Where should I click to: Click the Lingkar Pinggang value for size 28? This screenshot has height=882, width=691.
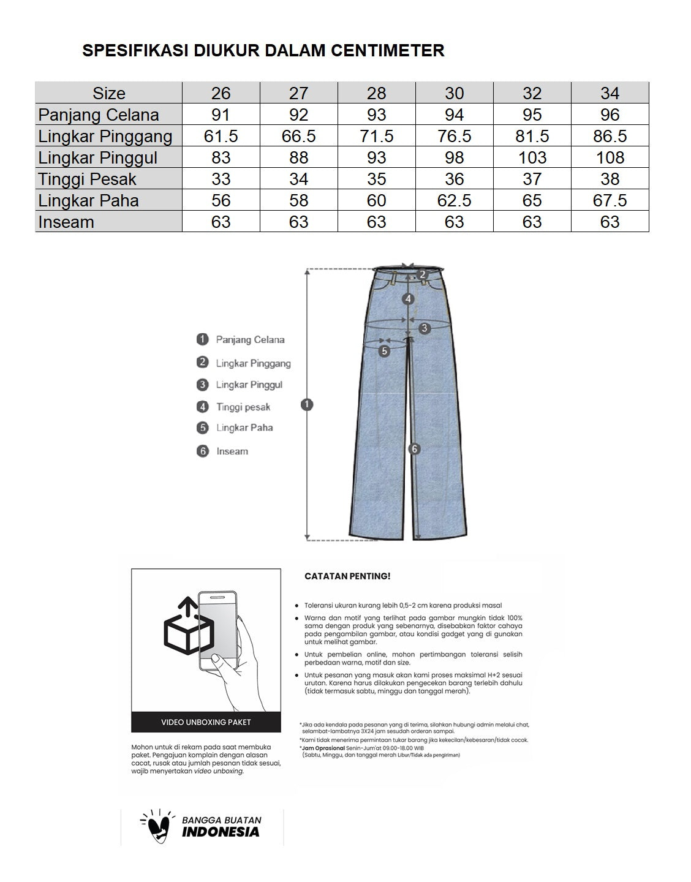click(x=376, y=136)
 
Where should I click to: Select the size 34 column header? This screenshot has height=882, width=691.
click(x=610, y=93)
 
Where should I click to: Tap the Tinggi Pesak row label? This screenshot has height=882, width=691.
click(x=87, y=179)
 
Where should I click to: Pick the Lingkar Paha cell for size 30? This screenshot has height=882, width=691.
click(x=454, y=200)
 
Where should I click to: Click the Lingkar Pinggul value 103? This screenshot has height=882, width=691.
click(x=532, y=157)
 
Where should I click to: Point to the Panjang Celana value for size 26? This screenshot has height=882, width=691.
click(x=221, y=115)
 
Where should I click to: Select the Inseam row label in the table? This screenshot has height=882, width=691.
click(x=66, y=222)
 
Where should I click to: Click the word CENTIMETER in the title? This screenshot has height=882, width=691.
click(x=387, y=50)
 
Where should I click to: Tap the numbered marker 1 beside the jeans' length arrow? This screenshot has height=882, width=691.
click(x=307, y=404)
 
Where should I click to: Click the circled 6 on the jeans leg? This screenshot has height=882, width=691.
click(x=415, y=449)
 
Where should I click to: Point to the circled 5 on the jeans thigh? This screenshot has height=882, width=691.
click(x=384, y=351)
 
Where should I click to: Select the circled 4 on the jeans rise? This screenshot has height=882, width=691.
click(x=409, y=299)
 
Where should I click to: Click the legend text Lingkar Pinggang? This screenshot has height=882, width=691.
click(x=253, y=363)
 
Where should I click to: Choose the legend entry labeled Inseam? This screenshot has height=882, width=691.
click(x=232, y=451)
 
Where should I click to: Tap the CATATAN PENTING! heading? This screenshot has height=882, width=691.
click(x=347, y=576)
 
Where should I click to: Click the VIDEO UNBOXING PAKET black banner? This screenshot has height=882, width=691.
click(x=206, y=722)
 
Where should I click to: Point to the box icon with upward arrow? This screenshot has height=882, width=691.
click(x=188, y=628)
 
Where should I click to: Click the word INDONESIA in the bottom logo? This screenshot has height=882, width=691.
click(x=221, y=832)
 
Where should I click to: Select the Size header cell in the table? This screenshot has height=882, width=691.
click(x=108, y=93)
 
